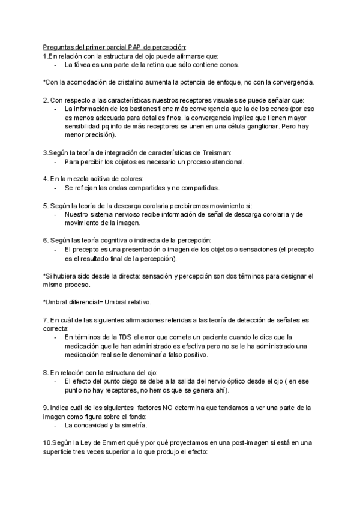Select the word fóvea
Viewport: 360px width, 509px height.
tap(86, 64)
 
